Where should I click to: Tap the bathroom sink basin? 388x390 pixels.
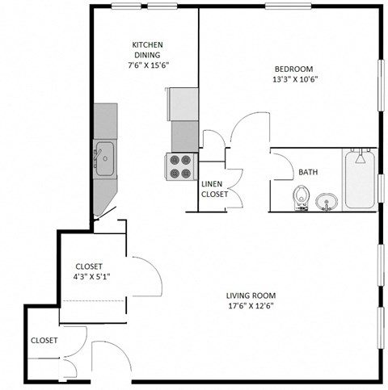click(327, 199)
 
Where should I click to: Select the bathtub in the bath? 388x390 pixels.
click(360, 180)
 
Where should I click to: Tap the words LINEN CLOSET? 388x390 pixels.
click(214, 189)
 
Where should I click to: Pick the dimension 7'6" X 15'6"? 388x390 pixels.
click(148, 65)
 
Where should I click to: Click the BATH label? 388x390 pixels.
click(308, 172)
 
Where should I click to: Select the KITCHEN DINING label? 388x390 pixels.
click(148, 49)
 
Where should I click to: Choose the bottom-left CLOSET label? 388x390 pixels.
click(44, 341)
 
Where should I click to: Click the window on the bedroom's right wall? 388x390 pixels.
click(381, 86)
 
